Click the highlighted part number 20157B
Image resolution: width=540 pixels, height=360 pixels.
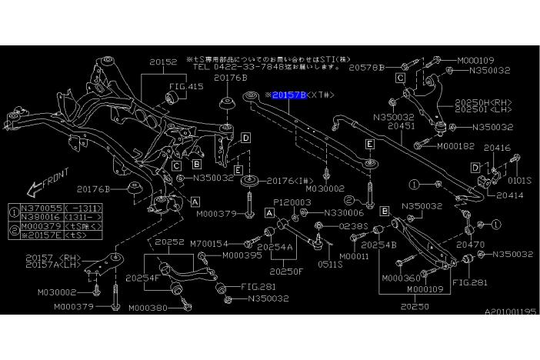[289, 94]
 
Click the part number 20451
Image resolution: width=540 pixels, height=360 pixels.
[402, 125]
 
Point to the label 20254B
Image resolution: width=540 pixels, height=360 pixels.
[379, 244]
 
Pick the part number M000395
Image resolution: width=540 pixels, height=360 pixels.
[242, 255]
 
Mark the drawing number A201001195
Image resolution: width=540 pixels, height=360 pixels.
[510, 312]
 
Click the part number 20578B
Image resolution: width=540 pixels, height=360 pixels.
[365, 68]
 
